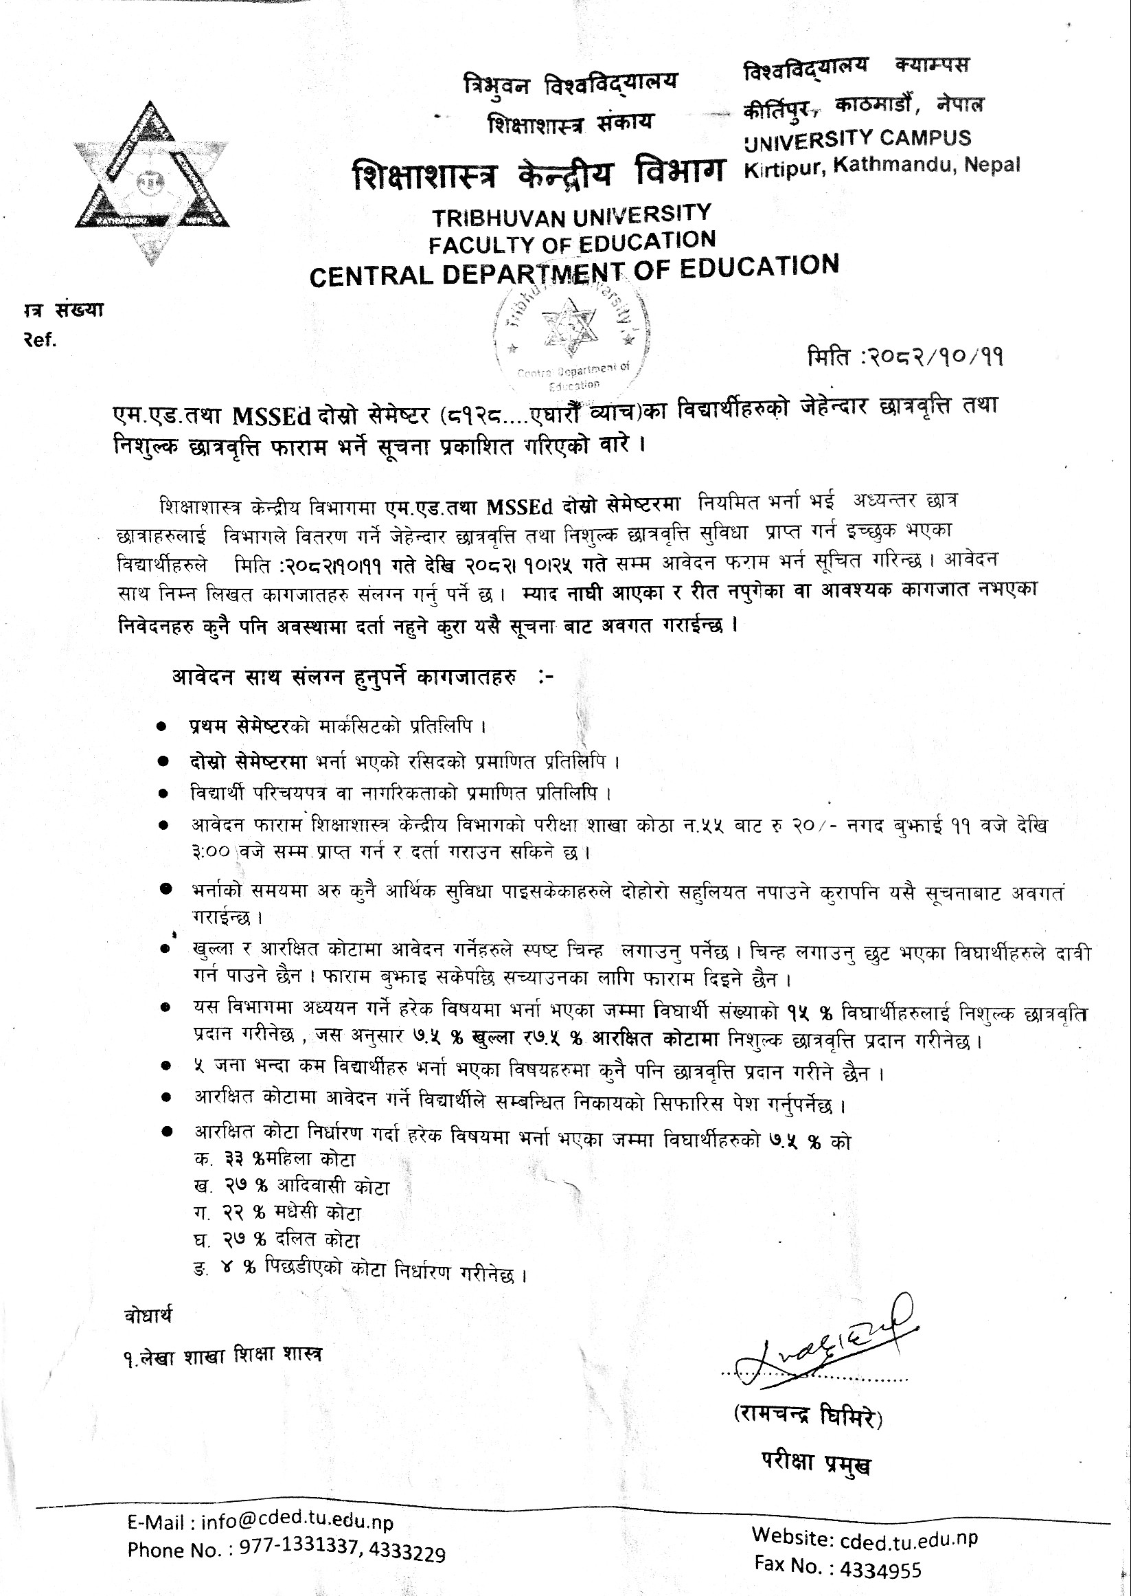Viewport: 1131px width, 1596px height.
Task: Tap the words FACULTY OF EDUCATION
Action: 572,242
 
